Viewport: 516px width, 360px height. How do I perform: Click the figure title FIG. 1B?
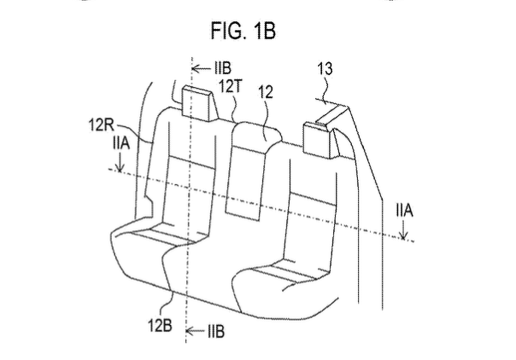tap(243, 31)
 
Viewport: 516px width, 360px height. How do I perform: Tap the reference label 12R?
tap(101, 125)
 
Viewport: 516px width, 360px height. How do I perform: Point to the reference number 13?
tap(325, 69)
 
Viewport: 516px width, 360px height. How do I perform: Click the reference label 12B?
tap(160, 325)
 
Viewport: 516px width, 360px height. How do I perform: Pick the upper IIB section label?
tap(223, 68)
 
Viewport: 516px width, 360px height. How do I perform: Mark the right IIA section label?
tap(405, 210)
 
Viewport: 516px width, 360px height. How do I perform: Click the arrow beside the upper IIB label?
tap(201, 68)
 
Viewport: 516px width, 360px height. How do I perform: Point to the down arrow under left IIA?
tap(120, 162)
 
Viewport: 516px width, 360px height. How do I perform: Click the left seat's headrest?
tap(200, 104)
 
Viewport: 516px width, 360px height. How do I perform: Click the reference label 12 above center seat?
tap(266, 92)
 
